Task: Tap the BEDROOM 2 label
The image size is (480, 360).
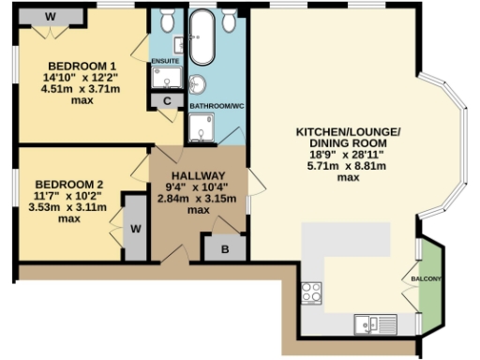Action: coord(67,184)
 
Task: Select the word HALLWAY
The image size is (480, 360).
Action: coord(198,175)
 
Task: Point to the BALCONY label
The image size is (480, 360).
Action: coord(426,279)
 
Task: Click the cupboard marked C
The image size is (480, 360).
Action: coord(167,100)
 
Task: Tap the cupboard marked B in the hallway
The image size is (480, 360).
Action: coord(224,248)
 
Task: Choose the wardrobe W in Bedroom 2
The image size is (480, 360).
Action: coord(135,228)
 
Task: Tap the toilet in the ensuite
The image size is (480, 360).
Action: coord(166,21)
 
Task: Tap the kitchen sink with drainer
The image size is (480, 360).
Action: coord(374,324)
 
